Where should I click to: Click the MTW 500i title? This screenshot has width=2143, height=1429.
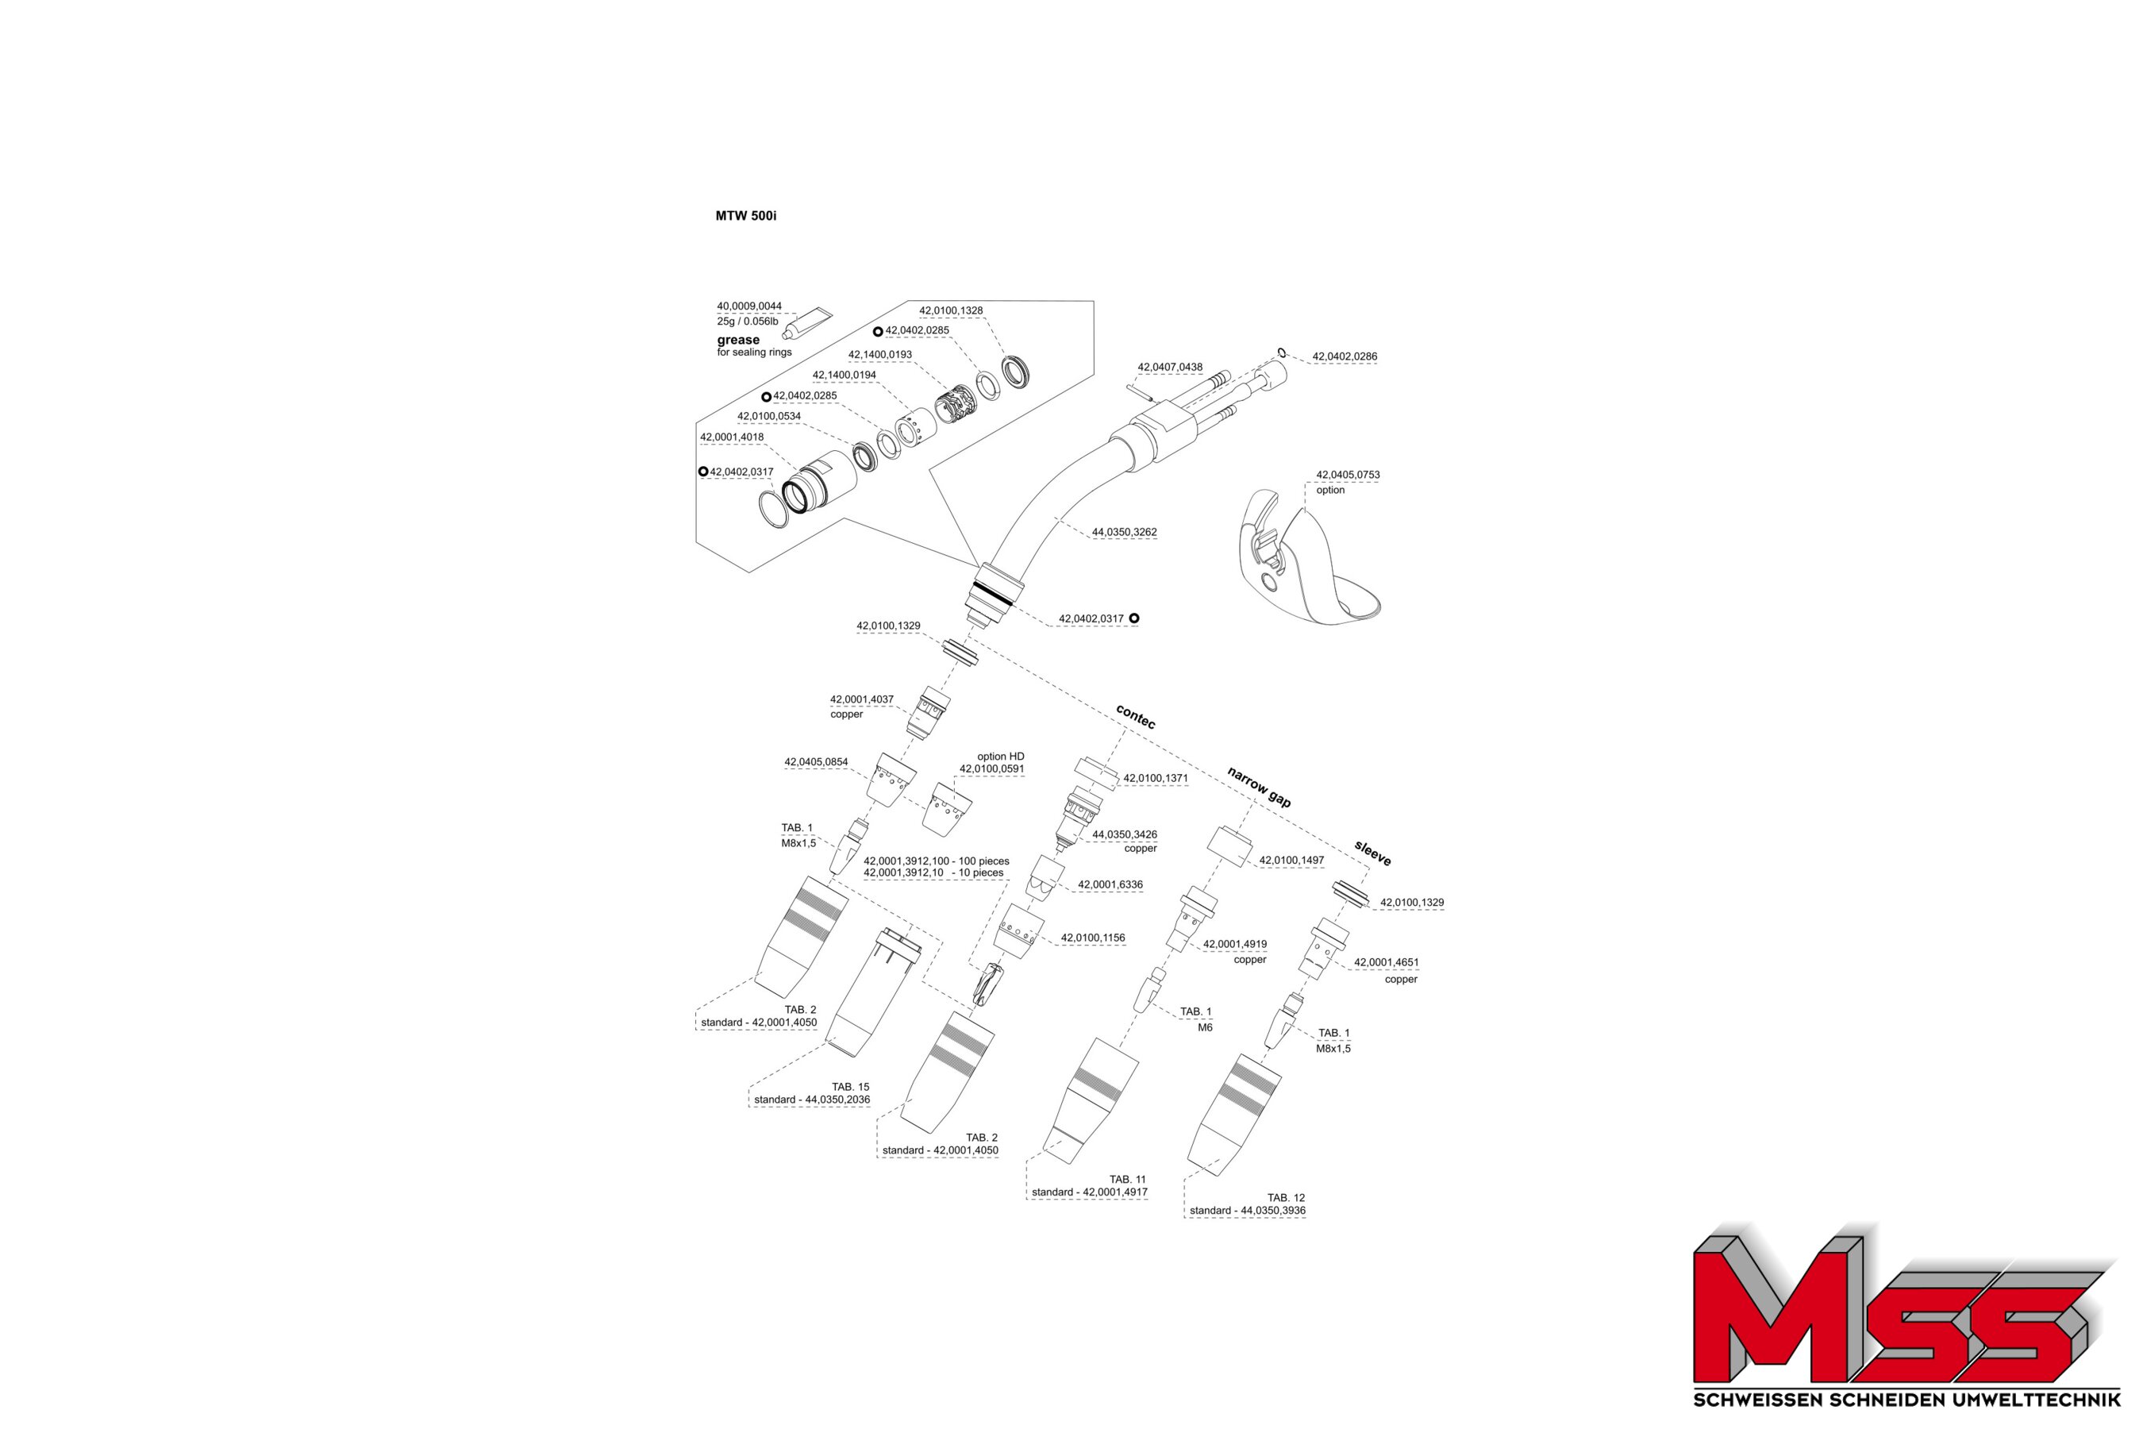tap(745, 216)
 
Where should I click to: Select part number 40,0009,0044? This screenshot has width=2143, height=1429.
tap(749, 306)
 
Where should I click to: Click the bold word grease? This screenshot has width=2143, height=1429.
tap(738, 340)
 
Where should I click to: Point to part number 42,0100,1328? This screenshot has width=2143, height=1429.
tap(950, 310)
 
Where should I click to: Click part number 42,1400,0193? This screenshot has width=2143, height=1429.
tap(880, 355)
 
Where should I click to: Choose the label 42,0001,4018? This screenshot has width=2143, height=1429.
tap(732, 437)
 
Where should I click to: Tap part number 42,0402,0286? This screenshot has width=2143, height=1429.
tap(1344, 356)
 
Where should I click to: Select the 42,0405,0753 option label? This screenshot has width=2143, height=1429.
tap(1348, 482)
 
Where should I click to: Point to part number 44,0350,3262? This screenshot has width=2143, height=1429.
tap(1125, 532)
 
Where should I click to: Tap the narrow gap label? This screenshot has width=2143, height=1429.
tap(1259, 787)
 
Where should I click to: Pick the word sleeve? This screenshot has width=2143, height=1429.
tap(1372, 853)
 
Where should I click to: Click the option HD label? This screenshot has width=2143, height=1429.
tap(1000, 757)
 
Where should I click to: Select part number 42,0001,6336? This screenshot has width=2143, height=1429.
tap(1110, 885)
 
